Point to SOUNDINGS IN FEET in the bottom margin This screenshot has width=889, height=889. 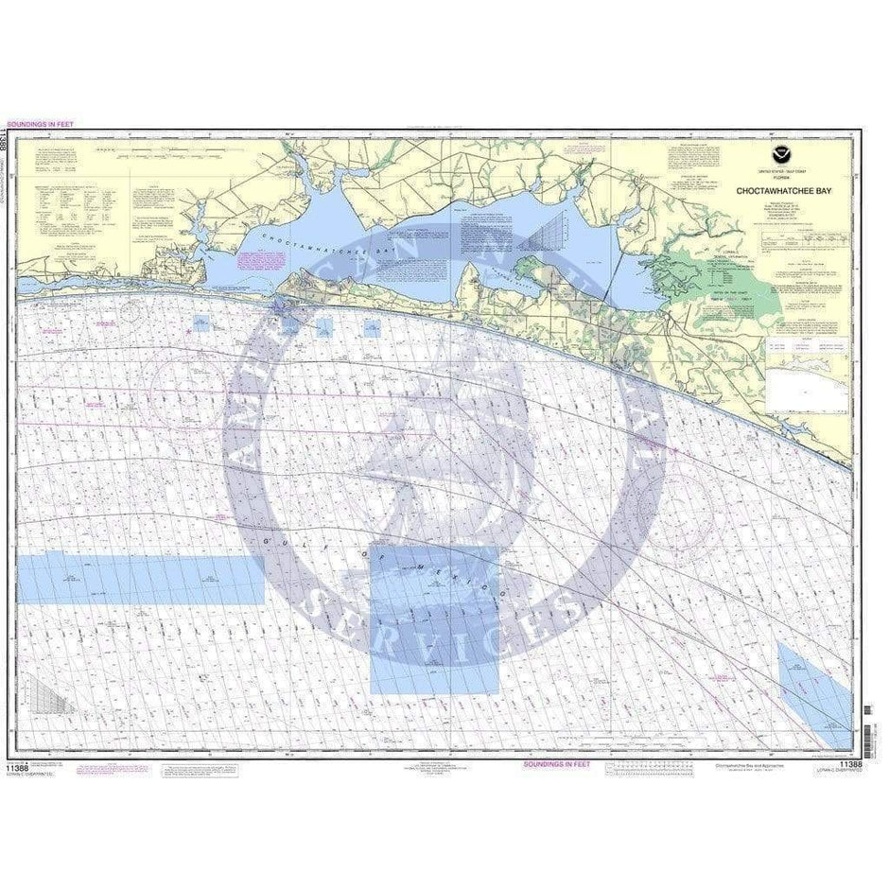point(557,762)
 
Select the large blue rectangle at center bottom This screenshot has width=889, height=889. point(435,619)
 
